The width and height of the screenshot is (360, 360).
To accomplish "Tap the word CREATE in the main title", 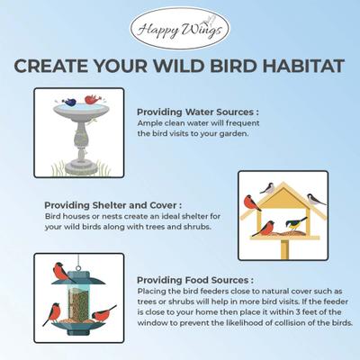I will [55, 68].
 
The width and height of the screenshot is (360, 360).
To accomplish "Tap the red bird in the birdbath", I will [90, 99].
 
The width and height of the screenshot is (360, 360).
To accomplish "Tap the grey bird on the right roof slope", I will [314, 199].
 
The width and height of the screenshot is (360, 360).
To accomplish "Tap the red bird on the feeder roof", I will [60, 269].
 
